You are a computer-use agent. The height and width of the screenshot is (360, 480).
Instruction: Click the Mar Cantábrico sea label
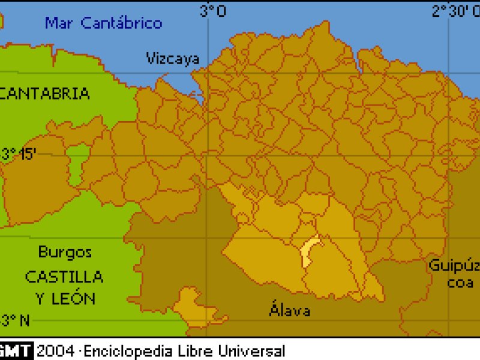[104, 23]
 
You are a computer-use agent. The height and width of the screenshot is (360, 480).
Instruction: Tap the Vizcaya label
[173, 58]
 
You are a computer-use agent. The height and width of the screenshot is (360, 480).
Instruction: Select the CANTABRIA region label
[46, 94]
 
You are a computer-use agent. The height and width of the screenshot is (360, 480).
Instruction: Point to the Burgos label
[65, 252]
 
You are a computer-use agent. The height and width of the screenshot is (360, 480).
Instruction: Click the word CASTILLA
[64, 277]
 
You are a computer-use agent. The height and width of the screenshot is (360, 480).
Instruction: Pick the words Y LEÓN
[64, 298]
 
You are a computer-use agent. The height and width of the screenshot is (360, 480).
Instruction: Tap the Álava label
[290, 310]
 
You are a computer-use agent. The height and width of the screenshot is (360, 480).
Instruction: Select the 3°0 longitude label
[213, 10]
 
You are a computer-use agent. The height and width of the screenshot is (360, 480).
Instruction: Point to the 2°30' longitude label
[455, 10]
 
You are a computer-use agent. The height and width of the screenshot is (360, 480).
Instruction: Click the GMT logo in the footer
[16, 351]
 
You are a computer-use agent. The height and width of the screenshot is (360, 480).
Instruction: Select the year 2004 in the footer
[56, 351]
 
